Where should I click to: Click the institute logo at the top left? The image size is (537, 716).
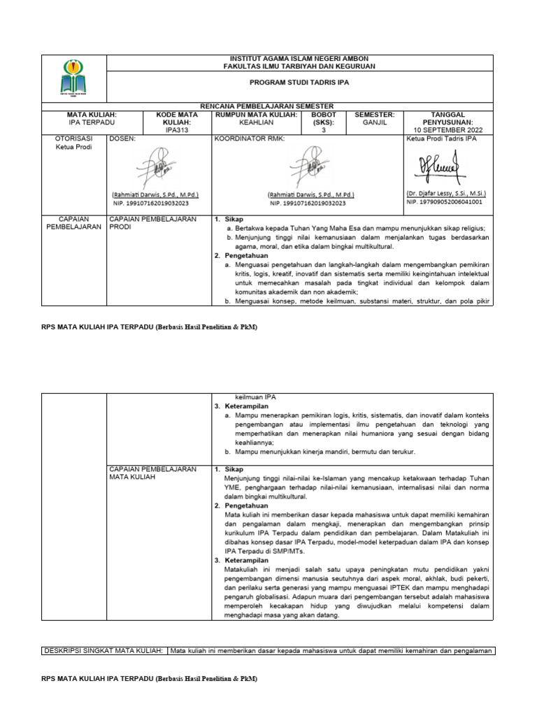pyautogui.click(x=75, y=77)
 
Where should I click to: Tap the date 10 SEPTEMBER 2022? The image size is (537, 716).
pyautogui.click(x=448, y=130)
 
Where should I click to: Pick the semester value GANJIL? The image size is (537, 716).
pyautogui.click(x=375, y=122)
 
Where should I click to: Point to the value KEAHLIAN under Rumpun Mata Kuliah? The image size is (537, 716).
pyautogui.click(x=256, y=122)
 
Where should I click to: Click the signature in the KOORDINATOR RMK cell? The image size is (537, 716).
pyautogui.click(x=310, y=169)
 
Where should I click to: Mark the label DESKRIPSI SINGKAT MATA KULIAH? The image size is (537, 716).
pyautogui.click(x=103, y=650)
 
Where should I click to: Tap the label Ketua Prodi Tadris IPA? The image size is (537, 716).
pyautogui.click(x=441, y=139)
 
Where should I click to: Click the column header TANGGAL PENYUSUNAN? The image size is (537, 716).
pyautogui.click(x=448, y=117)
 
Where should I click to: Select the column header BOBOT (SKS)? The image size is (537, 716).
pyautogui.click(x=324, y=117)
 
